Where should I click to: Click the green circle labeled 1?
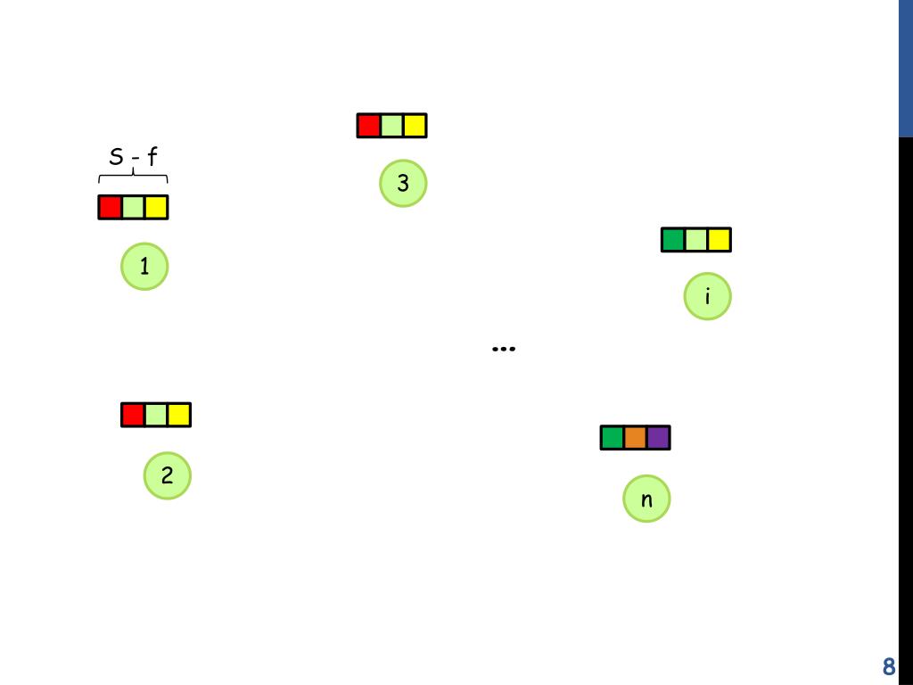pos(144,266)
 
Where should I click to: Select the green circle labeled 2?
pos(168,475)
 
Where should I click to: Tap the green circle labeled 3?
pos(403,184)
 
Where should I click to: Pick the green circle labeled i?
pos(708,296)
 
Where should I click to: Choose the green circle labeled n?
pos(647,499)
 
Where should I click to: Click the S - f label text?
pos(133,159)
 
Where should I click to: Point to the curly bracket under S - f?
pos(133,178)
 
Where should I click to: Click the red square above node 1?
pos(110,208)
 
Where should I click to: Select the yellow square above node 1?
pos(156,208)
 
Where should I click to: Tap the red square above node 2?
pos(133,415)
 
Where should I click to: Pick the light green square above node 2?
pos(156,415)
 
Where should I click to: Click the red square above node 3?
pos(369,126)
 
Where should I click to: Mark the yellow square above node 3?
pos(415,126)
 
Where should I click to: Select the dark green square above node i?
pos(673,240)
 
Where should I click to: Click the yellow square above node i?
pos(720,240)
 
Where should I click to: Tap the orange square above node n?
pos(635,438)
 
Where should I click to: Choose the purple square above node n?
pos(658,438)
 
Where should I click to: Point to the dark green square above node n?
pos(613,438)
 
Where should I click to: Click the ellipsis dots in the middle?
pos(504,349)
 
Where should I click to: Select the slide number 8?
pos(888,667)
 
